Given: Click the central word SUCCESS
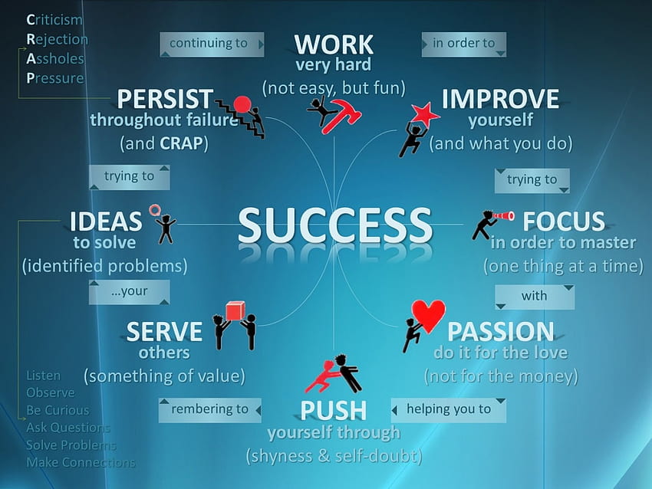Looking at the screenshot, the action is pyautogui.click(x=335, y=225).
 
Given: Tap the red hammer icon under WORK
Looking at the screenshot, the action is pyautogui.click(x=341, y=116).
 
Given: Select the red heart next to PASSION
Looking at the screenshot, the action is pyautogui.click(x=428, y=316).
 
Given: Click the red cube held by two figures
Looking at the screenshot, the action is pyautogui.click(x=235, y=311).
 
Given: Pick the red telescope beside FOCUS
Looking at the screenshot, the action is pyautogui.click(x=503, y=216).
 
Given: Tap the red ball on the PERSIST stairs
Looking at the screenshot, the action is pyautogui.click(x=242, y=104).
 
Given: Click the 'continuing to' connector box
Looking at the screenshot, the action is pyautogui.click(x=212, y=44).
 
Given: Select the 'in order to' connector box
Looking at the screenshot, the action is pyautogui.click(x=463, y=44).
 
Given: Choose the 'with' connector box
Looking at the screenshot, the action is pyautogui.click(x=535, y=297).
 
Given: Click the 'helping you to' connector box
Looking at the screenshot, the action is pyautogui.click(x=448, y=410).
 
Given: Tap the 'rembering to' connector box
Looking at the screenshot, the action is pyautogui.click(x=210, y=410).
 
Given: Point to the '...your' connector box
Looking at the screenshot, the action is pyautogui.click(x=130, y=292).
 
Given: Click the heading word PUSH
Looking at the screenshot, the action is pyautogui.click(x=334, y=411).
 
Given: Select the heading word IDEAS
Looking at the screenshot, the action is pyautogui.click(x=106, y=221).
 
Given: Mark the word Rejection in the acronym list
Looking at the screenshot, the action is pyautogui.click(x=58, y=39).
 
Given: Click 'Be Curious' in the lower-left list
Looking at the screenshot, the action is pyautogui.click(x=58, y=410).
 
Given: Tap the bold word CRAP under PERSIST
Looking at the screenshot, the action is pyautogui.click(x=181, y=143).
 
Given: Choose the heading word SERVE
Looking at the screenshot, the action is pyautogui.click(x=164, y=332).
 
